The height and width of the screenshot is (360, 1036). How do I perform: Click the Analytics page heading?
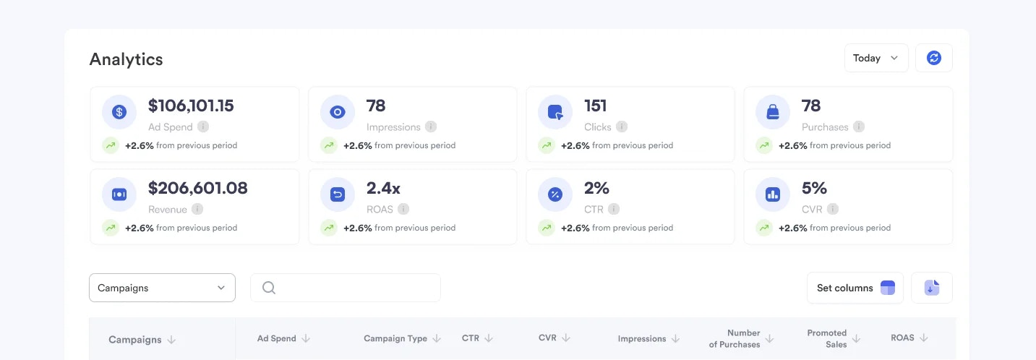pyautogui.click(x=127, y=59)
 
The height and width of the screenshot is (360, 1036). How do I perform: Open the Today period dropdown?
pyautogui.click(x=876, y=58)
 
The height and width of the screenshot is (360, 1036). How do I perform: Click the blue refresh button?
pyautogui.click(x=933, y=58)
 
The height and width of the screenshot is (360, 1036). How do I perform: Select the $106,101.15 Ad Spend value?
pyautogui.click(x=191, y=106)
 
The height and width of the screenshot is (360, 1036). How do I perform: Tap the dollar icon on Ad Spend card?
pyautogui.click(x=119, y=112)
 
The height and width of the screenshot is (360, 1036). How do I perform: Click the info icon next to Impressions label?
pyautogui.click(x=431, y=127)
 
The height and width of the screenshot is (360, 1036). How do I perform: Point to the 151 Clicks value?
pyautogui.click(x=595, y=106)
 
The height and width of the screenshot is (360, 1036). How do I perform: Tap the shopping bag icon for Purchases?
pyautogui.click(x=773, y=112)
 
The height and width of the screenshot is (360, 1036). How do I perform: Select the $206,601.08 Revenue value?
pyautogui.click(x=197, y=188)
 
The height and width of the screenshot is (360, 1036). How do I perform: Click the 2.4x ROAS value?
pyautogui.click(x=383, y=188)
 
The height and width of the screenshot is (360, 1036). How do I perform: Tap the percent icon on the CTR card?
pyautogui.click(x=555, y=194)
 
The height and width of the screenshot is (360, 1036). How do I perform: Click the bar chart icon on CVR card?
pyautogui.click(x=773, y=194)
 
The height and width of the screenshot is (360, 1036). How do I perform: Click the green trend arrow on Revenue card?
pyautogui.click(x=111, y=228)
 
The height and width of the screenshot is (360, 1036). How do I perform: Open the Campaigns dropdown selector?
pyautogui.click(x=162, y=288)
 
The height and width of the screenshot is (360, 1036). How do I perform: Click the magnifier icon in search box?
pyautogui.click(x=269, y=288)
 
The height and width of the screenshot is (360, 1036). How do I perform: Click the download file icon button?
pyautogui.click(x=931, y=288)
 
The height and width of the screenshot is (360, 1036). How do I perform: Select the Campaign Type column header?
pyautogui.click(x=395, y=338)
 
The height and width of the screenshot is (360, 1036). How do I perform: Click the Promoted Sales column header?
pyautogui.click(x=826, y=338)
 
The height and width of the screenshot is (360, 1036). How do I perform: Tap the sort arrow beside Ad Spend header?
pyautogui.click(x=306, y=338)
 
